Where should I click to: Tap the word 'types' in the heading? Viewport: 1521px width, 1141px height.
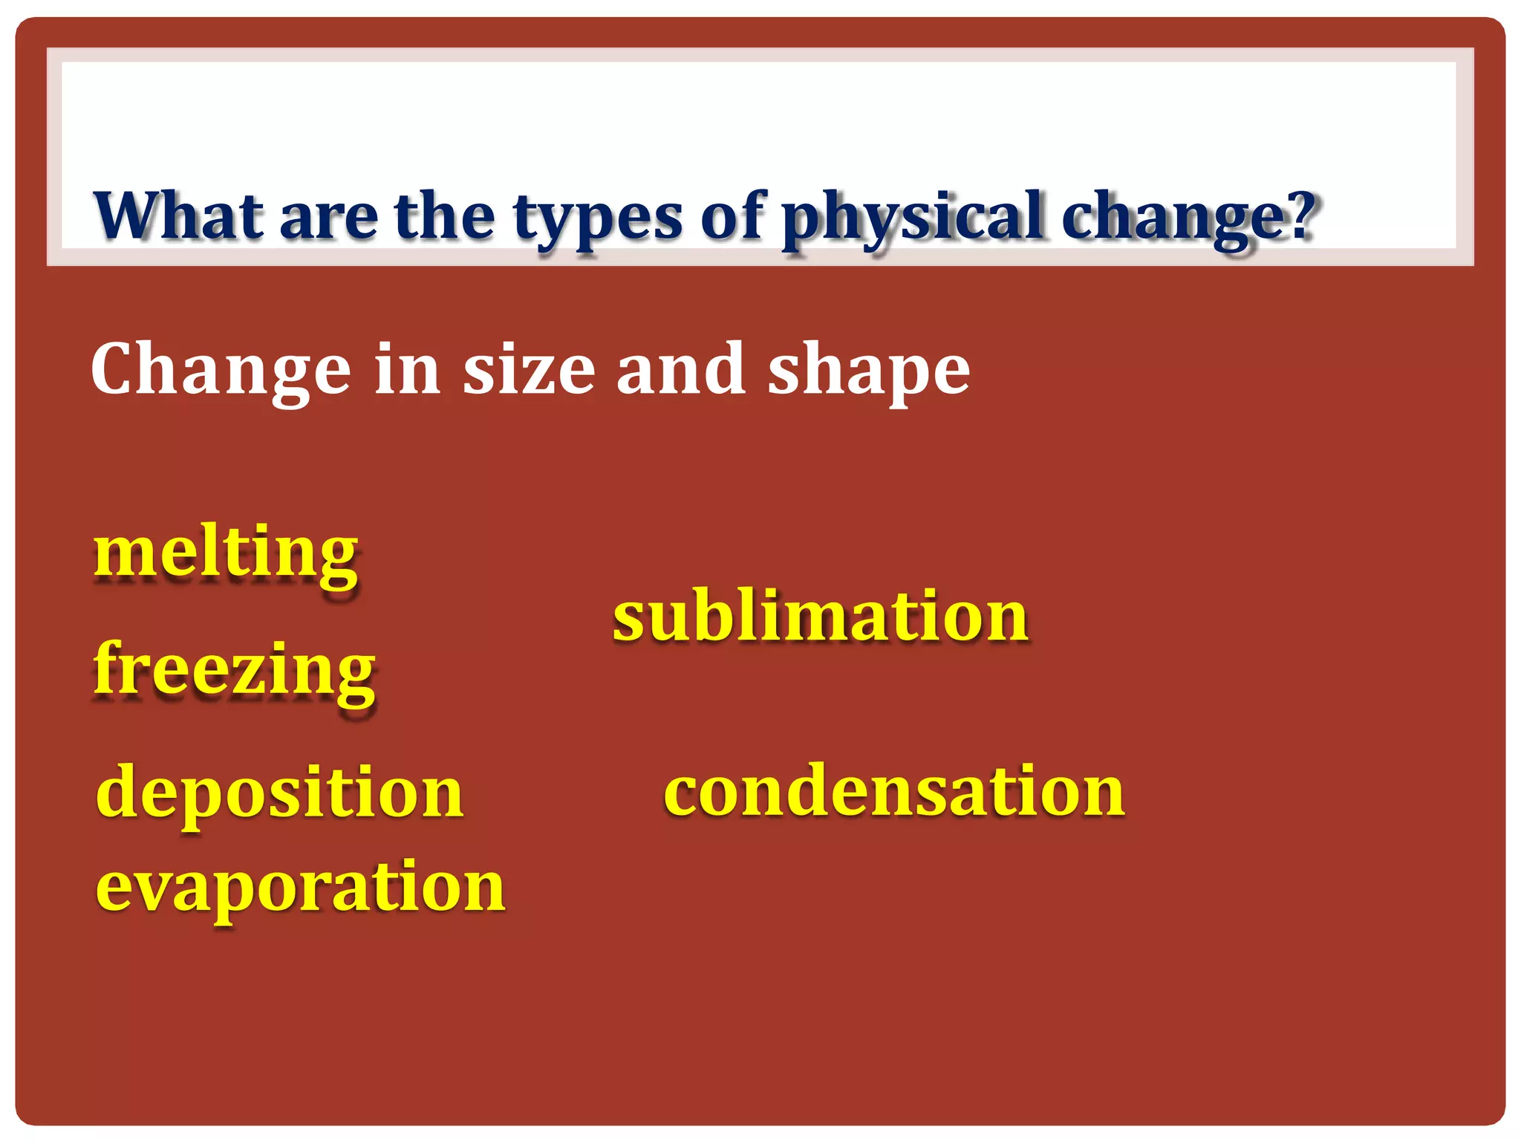tap(597, 219)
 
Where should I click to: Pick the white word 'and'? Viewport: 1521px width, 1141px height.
tap(680, 369)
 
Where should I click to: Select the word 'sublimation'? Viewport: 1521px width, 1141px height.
tap(820, 616)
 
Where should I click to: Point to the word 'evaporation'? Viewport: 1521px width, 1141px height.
tap(300, 888)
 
